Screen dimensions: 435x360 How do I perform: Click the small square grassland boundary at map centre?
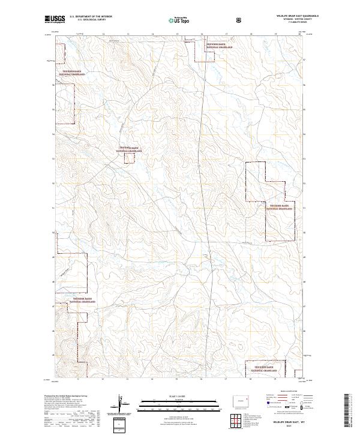[130, 157]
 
